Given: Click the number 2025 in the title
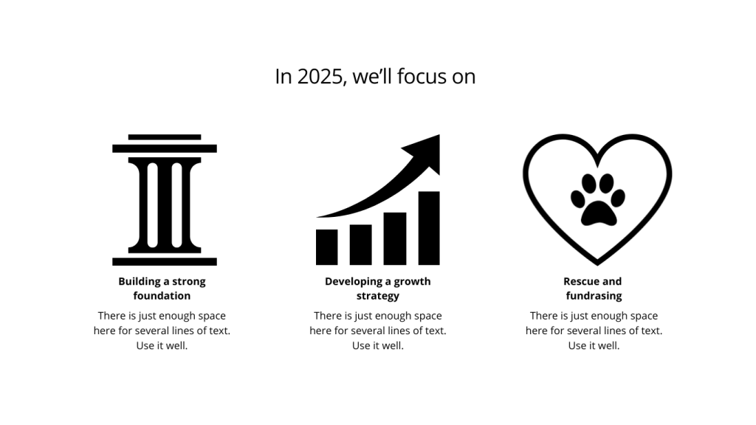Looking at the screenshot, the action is coord(320,77).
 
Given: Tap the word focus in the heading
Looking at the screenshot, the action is coord(422,76).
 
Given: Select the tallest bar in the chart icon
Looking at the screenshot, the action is coord(429,228).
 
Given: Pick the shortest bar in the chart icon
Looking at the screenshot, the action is coord(326,247).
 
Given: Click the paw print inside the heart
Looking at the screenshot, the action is coord(598,199).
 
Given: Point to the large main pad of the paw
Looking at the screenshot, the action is coord(598,213).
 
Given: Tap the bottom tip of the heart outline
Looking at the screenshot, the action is coord(597,265).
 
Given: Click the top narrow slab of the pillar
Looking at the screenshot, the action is coord(165,137).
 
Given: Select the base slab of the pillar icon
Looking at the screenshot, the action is coord(165,262).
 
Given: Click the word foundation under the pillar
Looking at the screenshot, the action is coord(162,295).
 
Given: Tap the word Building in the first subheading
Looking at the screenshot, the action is coord(139,281).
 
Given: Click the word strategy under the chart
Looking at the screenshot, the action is coord(378,296).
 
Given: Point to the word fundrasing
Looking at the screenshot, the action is coord(594,295).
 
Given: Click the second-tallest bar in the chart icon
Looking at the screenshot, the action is coord(395,238).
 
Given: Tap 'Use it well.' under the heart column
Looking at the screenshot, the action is coord(594,345).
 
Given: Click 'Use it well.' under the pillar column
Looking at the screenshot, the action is coord(162,345).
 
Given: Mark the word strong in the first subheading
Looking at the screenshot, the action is coord(189,282).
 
